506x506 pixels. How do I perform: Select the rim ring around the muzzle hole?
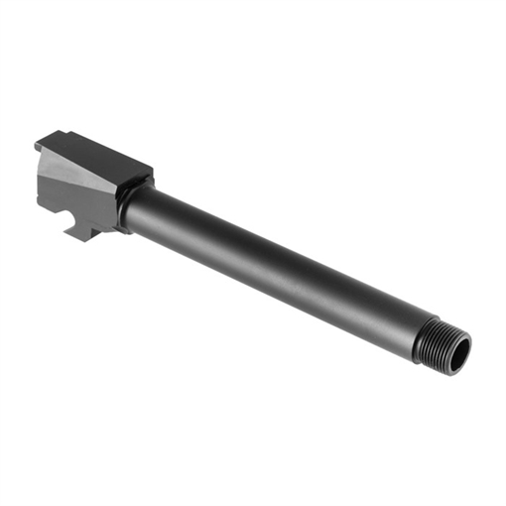click(464, 341)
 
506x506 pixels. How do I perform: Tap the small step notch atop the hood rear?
click(46, 143)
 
